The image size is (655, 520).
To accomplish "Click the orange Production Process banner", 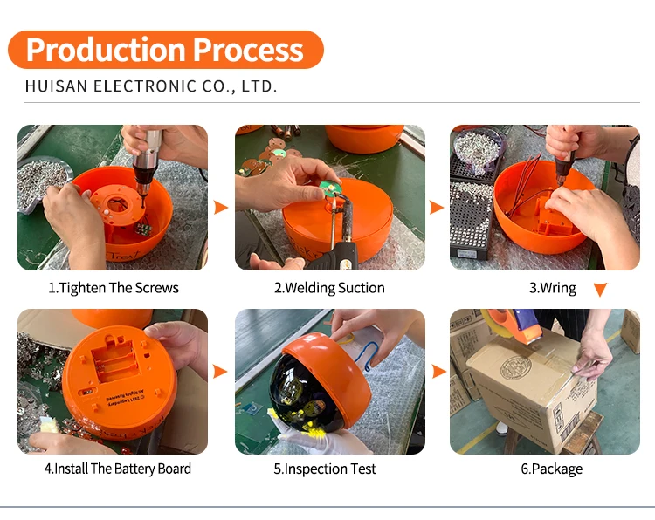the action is [x=166, y=50].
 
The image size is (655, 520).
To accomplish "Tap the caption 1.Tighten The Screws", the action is [x=114, y=288].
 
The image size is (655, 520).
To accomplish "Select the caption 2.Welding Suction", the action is [x=329, y=288].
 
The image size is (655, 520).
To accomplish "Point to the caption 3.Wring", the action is [x=553, y=288].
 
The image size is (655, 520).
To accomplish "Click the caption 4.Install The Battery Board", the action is [x=118, y=469].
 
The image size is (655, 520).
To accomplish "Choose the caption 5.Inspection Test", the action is [x=325, y=469].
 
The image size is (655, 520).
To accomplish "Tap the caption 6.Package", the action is [x=551, y=469].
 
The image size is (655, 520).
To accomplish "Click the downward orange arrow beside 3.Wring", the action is [x=600, y=289].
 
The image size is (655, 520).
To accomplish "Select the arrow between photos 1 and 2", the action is [x=221, y=207].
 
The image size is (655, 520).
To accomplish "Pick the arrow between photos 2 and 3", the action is [x=437, y=207].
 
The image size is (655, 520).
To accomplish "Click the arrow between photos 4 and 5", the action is [x=221, y=372].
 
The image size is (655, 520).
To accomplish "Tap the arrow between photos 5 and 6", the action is [x=439, y=372].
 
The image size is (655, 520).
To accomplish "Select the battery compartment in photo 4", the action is [x=116, y=359].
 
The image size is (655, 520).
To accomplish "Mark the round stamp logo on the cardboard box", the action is [x=515, y=367].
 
